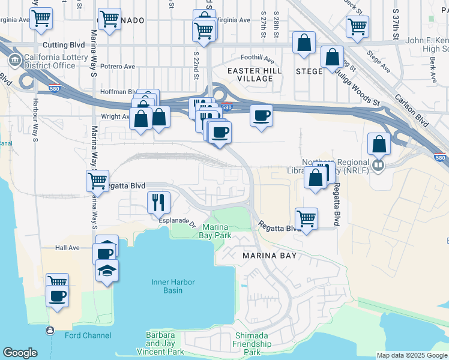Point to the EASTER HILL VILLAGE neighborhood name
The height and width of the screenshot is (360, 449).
click(254, 74)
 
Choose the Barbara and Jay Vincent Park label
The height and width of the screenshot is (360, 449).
click(160, 343)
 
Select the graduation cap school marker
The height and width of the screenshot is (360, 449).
click(107, 271)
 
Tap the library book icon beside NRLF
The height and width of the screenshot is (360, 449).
click(378, 165)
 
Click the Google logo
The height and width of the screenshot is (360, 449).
click(20, 353)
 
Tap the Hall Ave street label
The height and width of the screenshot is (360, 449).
click(67, 247)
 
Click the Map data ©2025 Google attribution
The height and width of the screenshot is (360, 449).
click(412, 355)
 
